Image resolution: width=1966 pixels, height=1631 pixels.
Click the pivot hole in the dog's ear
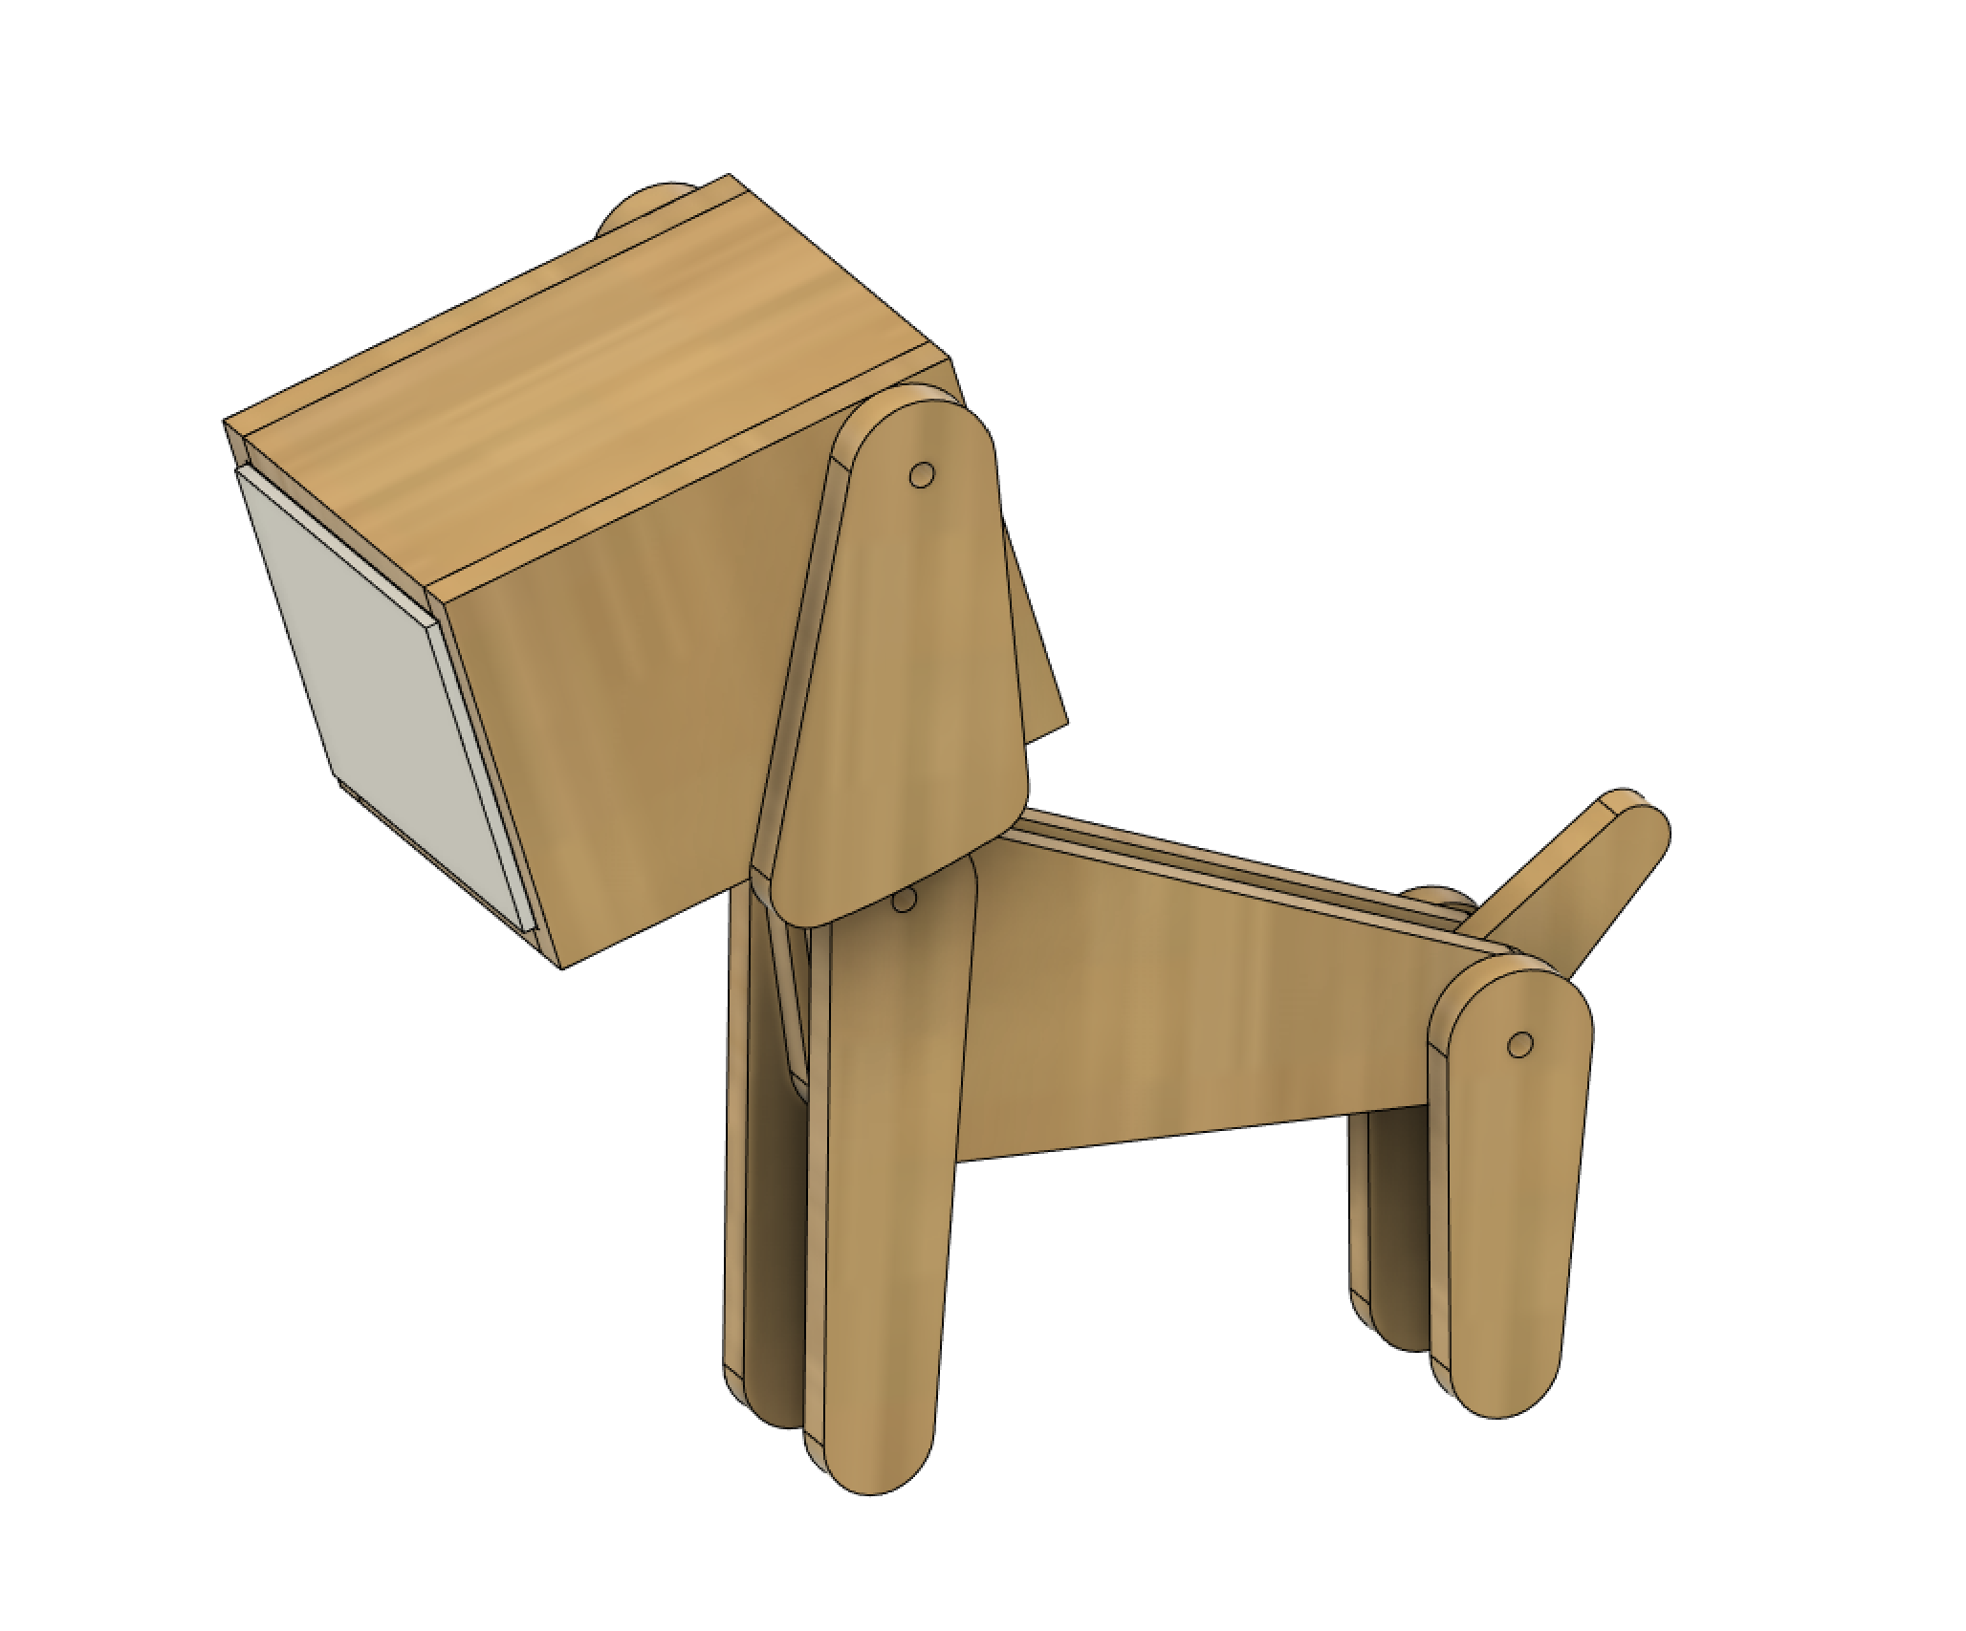coord(921,475)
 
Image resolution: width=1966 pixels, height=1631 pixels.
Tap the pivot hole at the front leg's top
coord(903,900)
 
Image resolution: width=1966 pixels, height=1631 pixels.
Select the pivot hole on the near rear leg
coord(1519,1045)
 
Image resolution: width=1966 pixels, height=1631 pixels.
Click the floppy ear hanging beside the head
coord(908,669)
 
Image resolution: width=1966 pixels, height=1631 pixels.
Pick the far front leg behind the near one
coord(770,1243)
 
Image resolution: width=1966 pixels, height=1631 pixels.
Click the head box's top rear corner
coord(729,176)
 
